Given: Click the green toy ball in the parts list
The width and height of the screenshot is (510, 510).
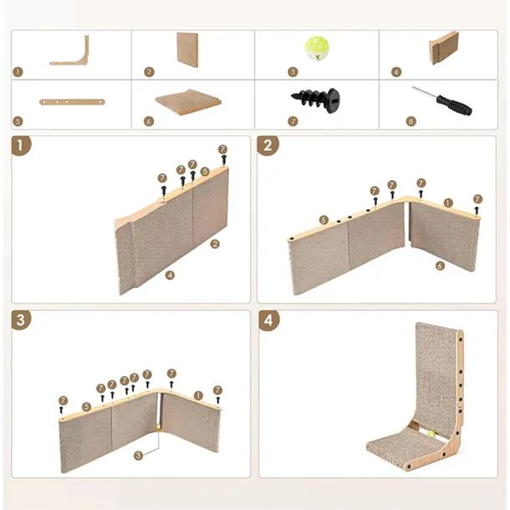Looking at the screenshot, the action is (x=317, y=48).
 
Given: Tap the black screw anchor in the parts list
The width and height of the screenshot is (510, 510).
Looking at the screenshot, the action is (x=315, y=99).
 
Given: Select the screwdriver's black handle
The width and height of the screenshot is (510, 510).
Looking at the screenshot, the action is (x=454, y=105).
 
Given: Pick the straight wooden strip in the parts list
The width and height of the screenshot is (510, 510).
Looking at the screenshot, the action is (x=72, y=102).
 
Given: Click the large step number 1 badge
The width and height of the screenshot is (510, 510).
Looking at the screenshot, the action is (x=21, y=145).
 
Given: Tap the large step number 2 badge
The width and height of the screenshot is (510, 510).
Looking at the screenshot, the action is (x=268, y=145).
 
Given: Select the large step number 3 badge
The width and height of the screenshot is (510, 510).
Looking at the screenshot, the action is (x=21, y=320).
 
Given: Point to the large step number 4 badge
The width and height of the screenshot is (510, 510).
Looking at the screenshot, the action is (x=269, y=320).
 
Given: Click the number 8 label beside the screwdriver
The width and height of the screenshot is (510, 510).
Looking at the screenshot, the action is (x=411, y=121).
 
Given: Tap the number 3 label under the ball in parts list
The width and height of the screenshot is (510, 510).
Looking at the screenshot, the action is (x=293, y=72).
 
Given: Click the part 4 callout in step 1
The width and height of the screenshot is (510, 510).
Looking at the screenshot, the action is (x=170, y=275).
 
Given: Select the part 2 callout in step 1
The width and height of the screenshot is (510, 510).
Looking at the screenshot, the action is (x=215, y=244).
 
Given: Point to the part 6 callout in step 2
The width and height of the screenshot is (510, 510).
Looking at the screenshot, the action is (x=440, y=266).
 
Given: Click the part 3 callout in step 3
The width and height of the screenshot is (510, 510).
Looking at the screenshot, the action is (x=138, y=455).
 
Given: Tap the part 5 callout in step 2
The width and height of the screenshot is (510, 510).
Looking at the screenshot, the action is (x=324, y=220).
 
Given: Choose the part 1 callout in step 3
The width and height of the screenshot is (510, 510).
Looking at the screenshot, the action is (x=198, y=395).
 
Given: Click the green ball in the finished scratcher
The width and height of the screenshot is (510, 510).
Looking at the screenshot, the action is (x=432, y=434).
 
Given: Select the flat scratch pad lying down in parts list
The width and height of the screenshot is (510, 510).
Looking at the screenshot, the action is (x=188, y=102).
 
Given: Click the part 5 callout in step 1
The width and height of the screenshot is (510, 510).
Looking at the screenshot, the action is (x=205, y=171).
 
